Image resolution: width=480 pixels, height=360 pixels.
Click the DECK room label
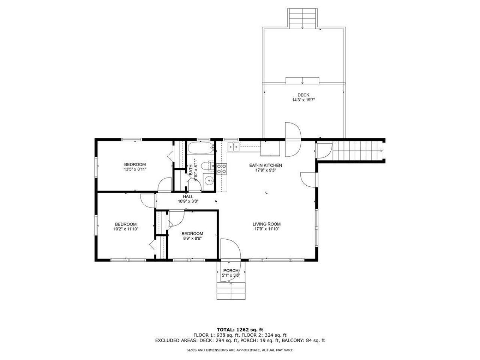[x=303, y=95]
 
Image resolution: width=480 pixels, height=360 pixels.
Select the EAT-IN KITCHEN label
[x=265, y=165]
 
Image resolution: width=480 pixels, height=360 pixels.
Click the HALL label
[x=188, y=196]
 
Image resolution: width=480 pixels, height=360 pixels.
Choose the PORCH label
[x=231, y=271]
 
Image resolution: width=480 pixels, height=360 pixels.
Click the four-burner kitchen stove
[x=222, y=169]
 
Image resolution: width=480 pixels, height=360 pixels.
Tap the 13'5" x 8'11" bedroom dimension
[x=135, y=169]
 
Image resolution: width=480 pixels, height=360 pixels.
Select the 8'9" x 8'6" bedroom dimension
[x=193, y=238]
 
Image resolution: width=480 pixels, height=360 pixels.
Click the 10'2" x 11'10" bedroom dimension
[x=126, y=229]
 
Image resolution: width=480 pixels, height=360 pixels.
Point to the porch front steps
[x=231, y=291]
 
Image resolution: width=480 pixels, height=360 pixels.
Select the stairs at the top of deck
[x=302, y=18]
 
